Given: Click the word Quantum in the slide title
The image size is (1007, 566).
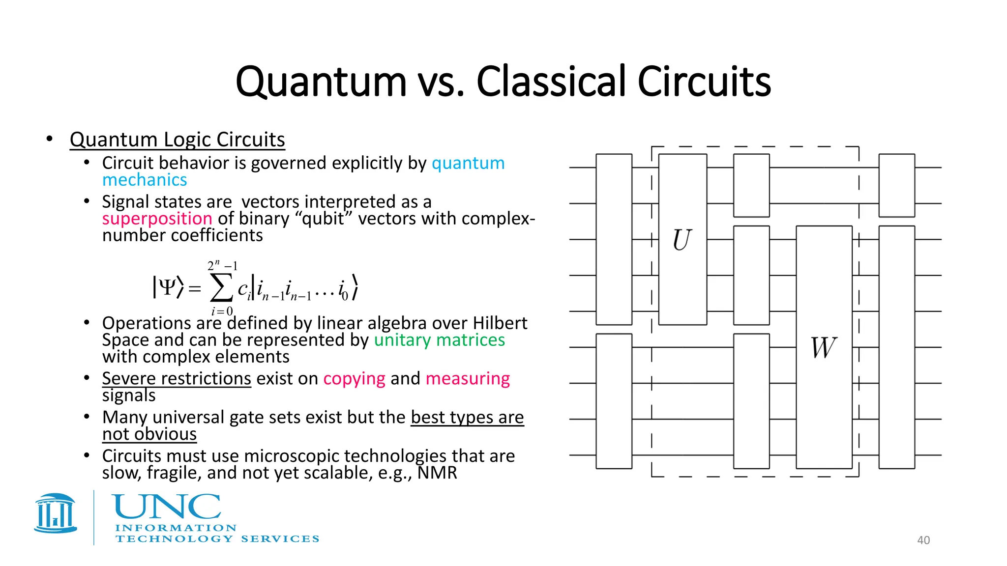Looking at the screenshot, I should click(x=321, y=82).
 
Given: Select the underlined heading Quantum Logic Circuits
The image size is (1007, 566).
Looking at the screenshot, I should click(x=177, y=140).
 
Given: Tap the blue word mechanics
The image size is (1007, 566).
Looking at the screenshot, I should click(x=145, y=180).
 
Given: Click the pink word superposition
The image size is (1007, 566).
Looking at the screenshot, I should click(x=157, y=219).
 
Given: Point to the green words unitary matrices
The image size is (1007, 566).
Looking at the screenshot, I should click(x=439, y=340).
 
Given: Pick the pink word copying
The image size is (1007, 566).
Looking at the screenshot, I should click(x=354, y=378).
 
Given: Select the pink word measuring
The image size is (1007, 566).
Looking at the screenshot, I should click(x=467, y=378).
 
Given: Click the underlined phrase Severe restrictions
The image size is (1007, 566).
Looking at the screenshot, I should click(x=177, y=378).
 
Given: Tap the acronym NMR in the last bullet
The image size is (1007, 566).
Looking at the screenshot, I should click(x=437, y=473).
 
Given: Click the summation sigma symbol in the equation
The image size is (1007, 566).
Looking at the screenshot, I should click(x=221, y=288).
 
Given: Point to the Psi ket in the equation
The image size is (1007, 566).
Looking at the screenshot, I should click(x=168, y=287).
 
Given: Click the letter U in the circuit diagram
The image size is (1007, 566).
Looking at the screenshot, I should click(x=682, y=240).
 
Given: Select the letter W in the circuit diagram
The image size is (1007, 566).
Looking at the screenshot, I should click(x=823, y=348).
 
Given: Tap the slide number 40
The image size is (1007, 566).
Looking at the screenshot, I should click(x=923, y=540).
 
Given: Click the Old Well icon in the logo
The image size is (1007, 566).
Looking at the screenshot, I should click(x=56, y=513).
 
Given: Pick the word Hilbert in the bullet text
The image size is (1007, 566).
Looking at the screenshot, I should click(x=500, y=323).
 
